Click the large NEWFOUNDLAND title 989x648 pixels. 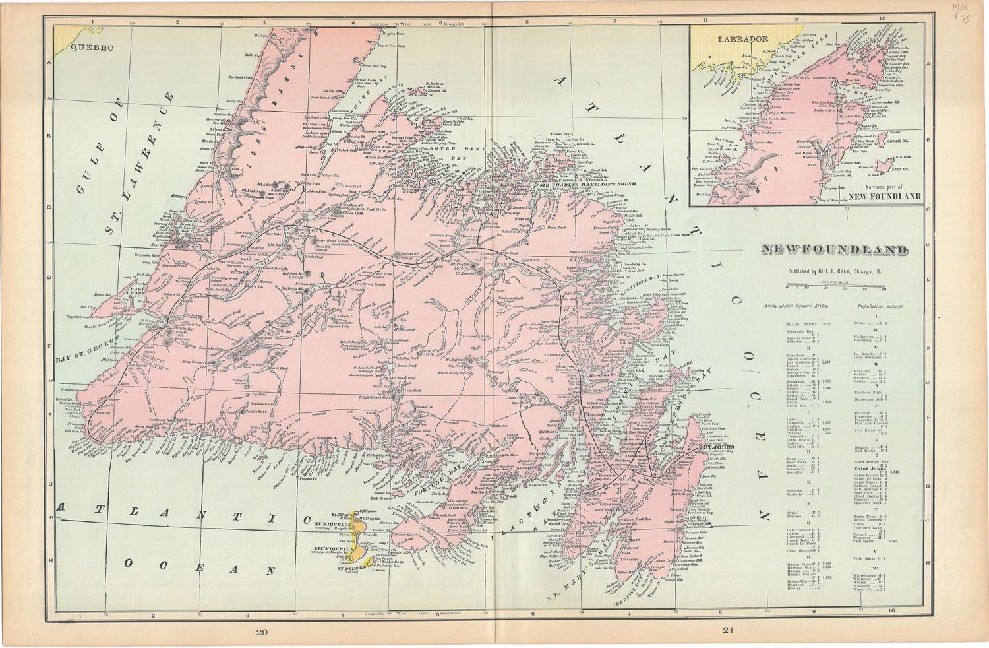(x=833, y=251)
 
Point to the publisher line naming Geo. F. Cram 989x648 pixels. (x=834, y=271)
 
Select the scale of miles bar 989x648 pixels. (x=835, y=285)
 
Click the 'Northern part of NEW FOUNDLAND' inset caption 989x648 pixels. (x=884, y=193)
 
